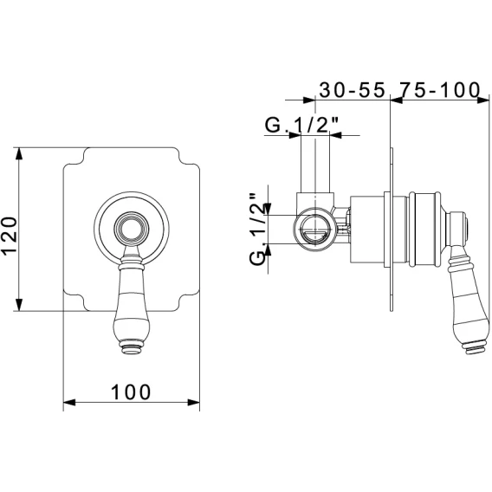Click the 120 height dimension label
coord(10,236)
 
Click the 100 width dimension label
coord(131,392)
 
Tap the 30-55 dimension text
coord(352,90)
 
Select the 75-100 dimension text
coord(440,90)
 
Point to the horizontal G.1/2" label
coord(301,126)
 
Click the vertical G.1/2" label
coord(257,230)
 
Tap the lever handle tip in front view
coord(132,350)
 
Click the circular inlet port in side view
coord(314,230)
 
